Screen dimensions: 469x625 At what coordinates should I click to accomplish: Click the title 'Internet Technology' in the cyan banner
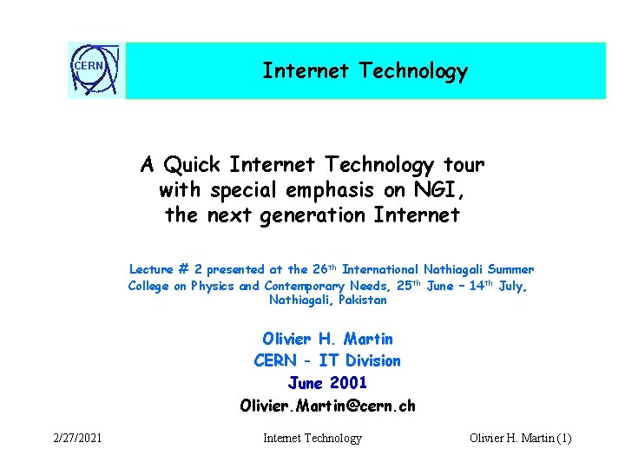pos(365,71)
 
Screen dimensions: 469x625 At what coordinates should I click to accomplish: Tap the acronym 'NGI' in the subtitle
pos(424,189)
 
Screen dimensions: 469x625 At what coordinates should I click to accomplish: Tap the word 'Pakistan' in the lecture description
pos(363,301)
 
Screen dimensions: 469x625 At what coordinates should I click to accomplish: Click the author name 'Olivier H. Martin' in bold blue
pos(327,339)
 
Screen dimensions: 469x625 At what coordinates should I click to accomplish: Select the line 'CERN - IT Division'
pos(327,360)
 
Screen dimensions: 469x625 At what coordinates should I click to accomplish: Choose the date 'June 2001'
pos(327,382)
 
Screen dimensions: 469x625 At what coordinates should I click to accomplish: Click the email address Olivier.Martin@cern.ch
pos(327,405)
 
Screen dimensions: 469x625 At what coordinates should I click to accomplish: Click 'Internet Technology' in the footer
pos(312,439)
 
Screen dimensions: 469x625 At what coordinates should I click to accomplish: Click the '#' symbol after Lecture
pos(183,270)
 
